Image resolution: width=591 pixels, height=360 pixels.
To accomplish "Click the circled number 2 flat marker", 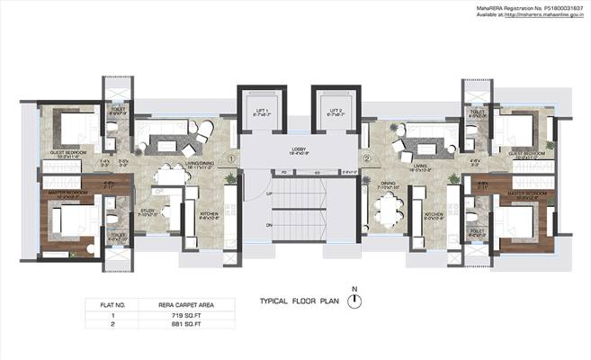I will click(x=367, y=160).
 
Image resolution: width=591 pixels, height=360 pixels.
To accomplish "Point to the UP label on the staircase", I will click(x=269, y=193).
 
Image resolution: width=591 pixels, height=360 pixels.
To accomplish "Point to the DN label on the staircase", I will click(x=269, y=223).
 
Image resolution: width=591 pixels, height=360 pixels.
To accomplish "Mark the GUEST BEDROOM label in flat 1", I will click(x=68, y=155).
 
